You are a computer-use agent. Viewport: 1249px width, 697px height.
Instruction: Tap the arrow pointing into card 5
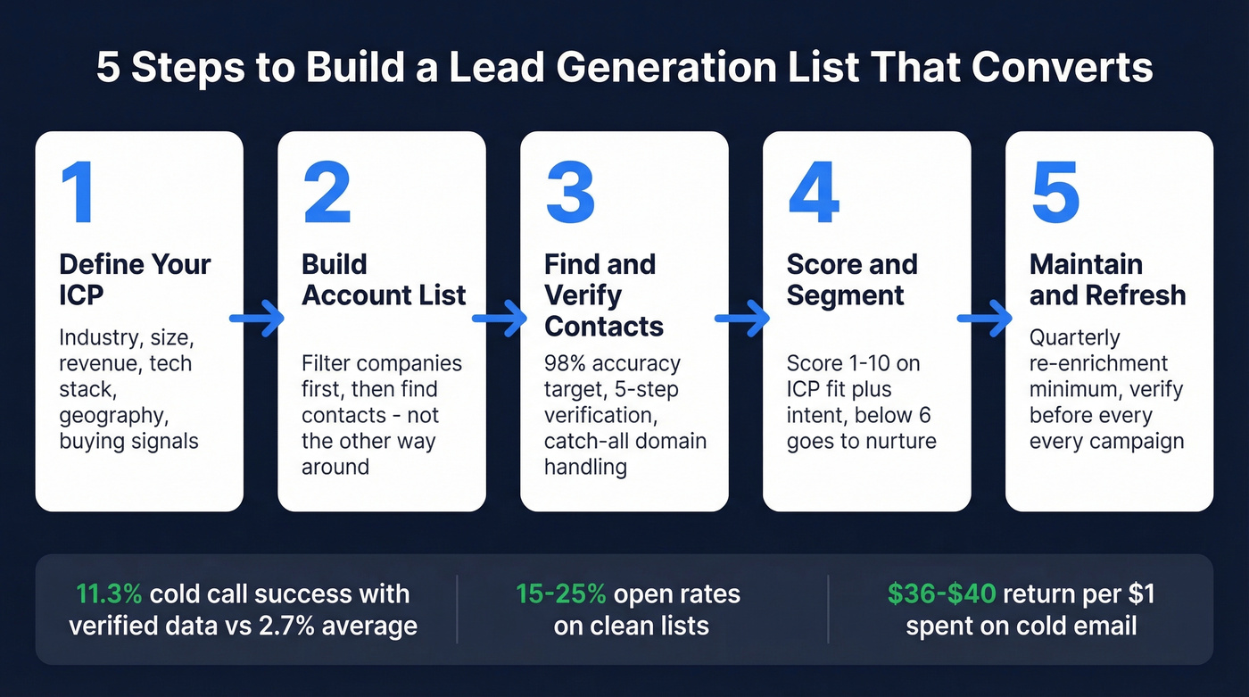(x=985, y=318)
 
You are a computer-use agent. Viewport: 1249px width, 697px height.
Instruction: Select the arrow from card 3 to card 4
(x=742, y=318)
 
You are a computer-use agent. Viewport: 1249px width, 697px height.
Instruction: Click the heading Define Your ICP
(x=135, y=279)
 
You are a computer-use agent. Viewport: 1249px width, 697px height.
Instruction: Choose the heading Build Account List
(x=384, y=279)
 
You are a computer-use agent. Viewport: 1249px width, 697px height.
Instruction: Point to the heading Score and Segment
(x=851, y=279)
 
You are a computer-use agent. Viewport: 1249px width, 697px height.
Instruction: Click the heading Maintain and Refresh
(x=1107, y=279)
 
